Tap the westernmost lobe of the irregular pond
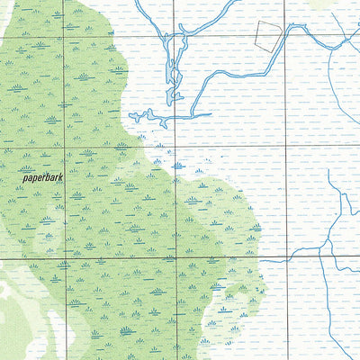pyautogui.click(x=135, y=115)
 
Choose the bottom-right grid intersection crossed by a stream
pyautogui.click(x=286, y=259)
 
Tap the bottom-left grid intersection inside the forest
pyautogui.click(x=64, y=259)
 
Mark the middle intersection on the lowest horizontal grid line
pyautogui.click(x=175, y=259)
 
